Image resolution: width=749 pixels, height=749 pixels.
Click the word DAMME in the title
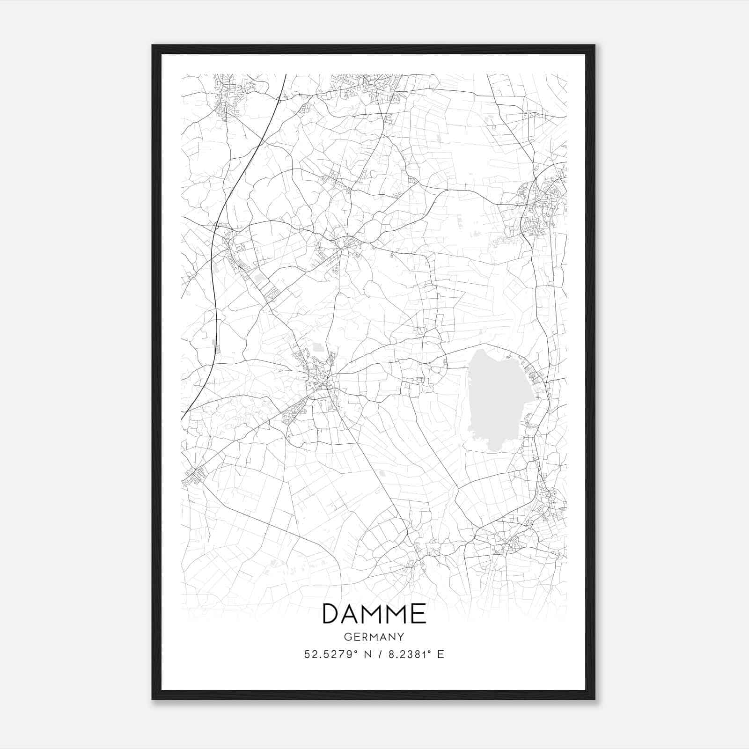pos(374,614)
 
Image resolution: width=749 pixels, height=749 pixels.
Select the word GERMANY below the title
pos(374,637)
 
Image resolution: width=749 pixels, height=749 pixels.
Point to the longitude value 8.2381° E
pos(414,654)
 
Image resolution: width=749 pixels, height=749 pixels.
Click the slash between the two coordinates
pos(377,654)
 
